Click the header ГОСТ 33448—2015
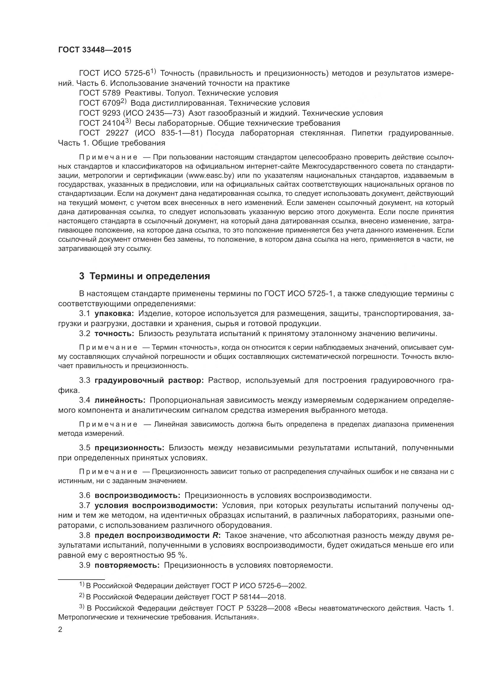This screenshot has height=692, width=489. [95, 50]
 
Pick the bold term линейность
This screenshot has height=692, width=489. [120, 400]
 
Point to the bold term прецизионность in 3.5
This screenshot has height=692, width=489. [129, 448]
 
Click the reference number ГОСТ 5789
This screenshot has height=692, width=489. [100, 93]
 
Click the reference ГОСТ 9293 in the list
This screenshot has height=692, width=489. [100, 113]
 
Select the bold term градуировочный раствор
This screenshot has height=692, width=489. [149, 380]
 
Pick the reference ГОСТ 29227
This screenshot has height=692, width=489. [104, 133]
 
